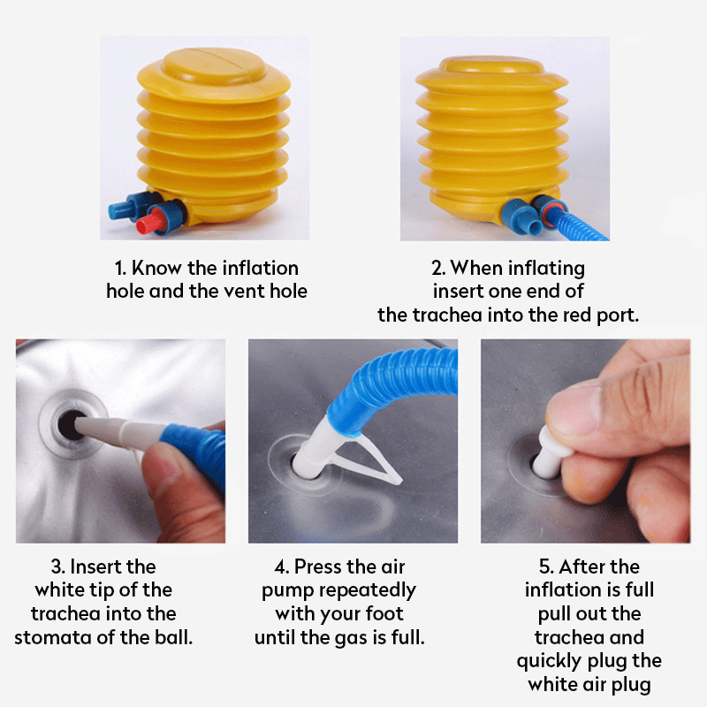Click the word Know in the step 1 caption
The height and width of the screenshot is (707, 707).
(x=159, y=268)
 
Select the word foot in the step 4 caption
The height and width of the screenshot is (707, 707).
(x=382, y=613)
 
